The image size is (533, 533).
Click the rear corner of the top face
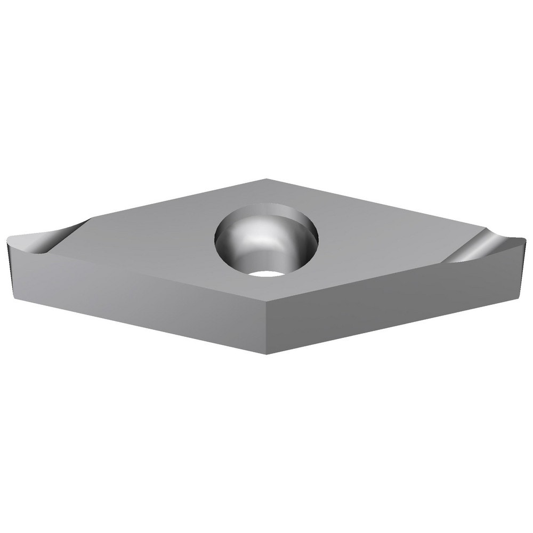pos(266,179)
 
